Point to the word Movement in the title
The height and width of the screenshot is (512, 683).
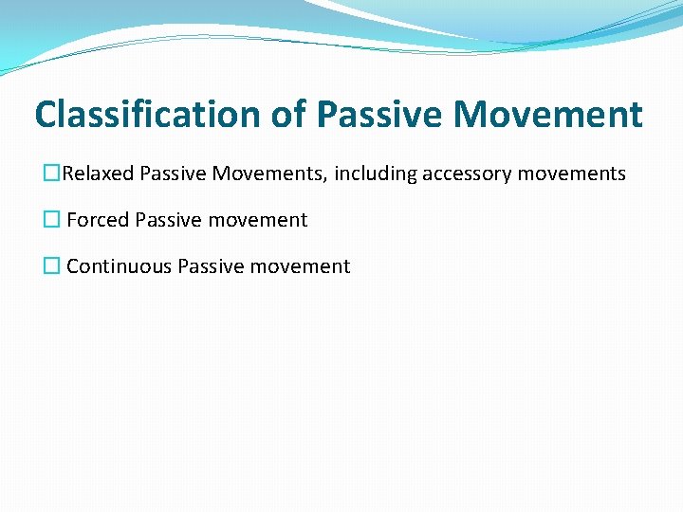pyautogui.click(x=548, y=116)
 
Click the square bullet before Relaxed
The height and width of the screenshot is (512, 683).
pyautogui.click(x=52, y=174)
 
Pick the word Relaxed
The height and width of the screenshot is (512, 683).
pyautogui.click(x=98, y=174)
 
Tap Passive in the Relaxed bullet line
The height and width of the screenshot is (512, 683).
pyautogui.click(x=173, y=174)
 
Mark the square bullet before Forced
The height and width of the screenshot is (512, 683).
pyautogui.click(x=52, y=220)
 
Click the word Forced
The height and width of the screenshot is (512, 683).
pyautogui.click(x=98, y=220)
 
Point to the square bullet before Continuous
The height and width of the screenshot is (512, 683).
pyautogui.click(x=52, y=266)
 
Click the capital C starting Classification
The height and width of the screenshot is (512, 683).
pyautogui.click(x=46, y=116)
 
